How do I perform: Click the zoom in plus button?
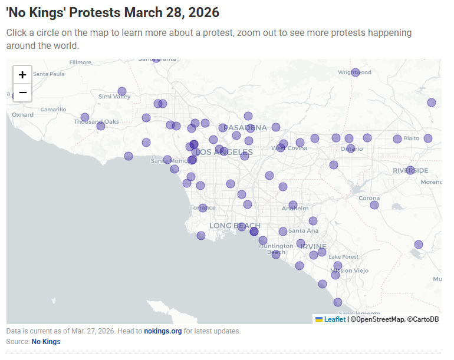(22, 75)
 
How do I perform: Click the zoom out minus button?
(22, 93)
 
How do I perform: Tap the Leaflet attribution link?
(334, 319)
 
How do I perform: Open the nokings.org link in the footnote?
(163, 331)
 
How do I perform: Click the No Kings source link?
(46, 342)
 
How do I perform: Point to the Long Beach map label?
(235, 226)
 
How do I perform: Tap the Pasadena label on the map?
(245, 128)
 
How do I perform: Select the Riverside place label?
(410, 170)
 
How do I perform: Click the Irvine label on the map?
(312, 246)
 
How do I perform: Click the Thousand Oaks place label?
(96, 122)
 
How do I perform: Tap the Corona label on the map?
(369, 198)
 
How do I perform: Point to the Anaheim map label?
(295, 209)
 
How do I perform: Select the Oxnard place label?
(23, 115)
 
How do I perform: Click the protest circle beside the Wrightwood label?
(356, 72)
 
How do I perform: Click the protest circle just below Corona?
(374, 205)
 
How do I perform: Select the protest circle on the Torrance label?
(203, 207)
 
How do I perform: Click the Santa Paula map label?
(48, 74)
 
